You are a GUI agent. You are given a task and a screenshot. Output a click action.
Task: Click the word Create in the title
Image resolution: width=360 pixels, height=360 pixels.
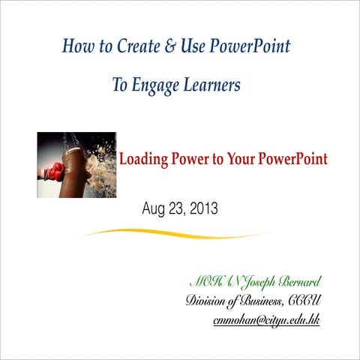[x=133, y=46]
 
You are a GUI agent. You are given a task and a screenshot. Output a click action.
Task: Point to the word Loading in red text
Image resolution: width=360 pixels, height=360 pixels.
[x=145, y=160]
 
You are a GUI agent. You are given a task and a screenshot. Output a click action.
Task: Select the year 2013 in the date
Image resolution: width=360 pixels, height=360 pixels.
[x=202, y=209]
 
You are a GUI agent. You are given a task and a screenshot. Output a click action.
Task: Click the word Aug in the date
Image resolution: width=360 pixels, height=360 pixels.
[x=153, y=209]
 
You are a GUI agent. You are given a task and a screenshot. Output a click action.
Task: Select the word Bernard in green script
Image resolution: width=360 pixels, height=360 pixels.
[x=299, y=282]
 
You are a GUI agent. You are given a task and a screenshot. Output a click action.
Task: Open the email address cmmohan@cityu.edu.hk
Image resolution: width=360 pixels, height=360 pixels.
[x=266, y=320]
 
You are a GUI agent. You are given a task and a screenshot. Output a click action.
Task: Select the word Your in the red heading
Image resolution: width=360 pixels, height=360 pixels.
[x=247, y=160]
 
